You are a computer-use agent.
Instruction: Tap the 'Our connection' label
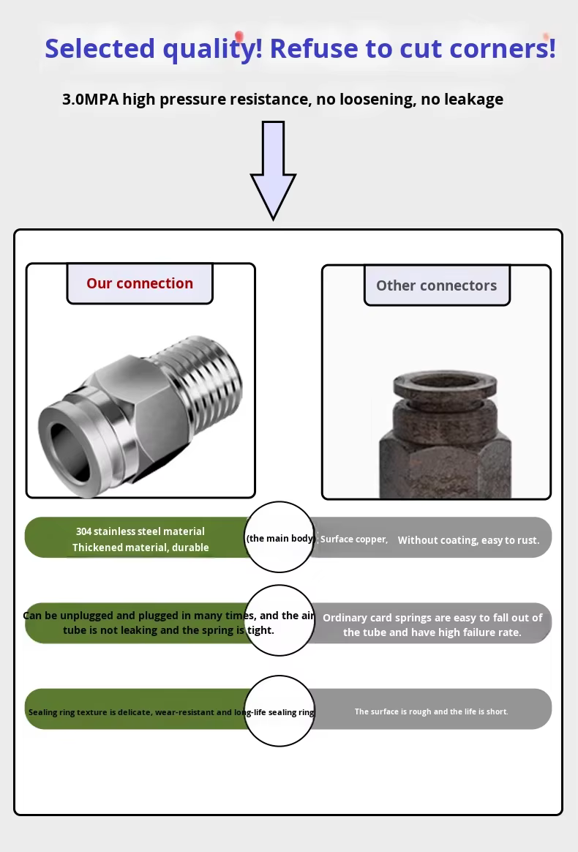click(140, 283)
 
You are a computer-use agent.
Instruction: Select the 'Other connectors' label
click(436, 285)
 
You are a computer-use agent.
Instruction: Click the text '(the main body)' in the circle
click(280, 538)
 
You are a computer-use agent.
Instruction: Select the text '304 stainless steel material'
click(140, 531)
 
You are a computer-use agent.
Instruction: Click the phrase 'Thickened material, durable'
click(140, 548)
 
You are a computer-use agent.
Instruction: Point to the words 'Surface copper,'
click(354, 539)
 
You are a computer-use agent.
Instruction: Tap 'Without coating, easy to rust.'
click(468, 540)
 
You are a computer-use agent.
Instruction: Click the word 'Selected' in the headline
click(100, 48)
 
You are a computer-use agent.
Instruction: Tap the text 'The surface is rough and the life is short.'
click(431, 711)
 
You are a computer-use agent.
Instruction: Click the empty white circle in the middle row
click(279, 621)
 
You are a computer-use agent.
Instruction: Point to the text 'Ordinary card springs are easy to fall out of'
click(432, 618)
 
